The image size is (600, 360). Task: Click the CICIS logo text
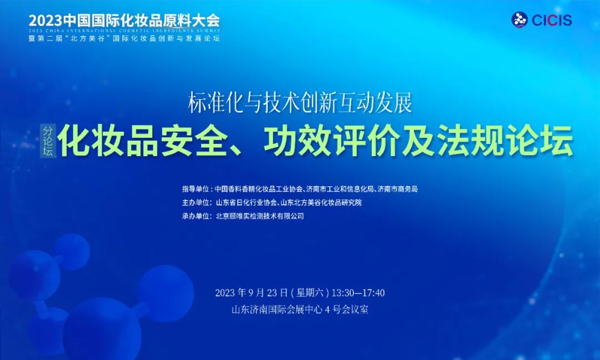coord(552,20)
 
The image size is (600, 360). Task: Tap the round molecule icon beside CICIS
coord(519,20)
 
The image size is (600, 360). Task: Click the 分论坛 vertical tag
coord(48,141)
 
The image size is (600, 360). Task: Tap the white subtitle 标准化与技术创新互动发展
coord(300,103)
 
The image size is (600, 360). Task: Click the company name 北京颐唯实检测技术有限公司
coord(260,216)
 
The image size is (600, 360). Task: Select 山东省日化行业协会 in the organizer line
coord(246,202)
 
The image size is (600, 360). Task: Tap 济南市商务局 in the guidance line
coord(397,189)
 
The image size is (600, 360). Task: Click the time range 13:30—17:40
coord(358,293)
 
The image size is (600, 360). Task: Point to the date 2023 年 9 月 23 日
coord(252,293)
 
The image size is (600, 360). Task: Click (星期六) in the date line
coord(309,293)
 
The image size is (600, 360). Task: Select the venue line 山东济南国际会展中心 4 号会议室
coord(299,309)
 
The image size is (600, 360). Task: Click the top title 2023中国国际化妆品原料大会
coord(124,20)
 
